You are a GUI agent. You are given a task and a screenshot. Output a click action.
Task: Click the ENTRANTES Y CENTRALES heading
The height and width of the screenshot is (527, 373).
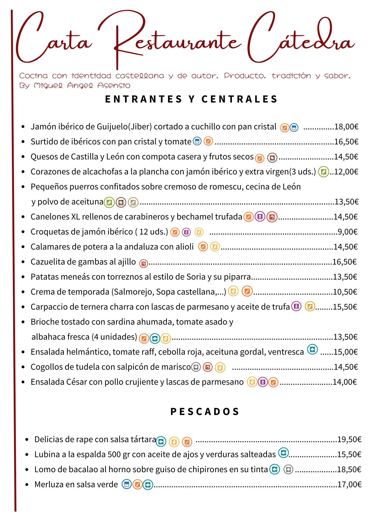coord(191,99)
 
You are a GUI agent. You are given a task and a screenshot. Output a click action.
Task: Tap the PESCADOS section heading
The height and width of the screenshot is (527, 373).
coord(205,411)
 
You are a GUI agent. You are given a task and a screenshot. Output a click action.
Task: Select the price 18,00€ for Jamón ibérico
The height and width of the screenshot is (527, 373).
coord(346,127)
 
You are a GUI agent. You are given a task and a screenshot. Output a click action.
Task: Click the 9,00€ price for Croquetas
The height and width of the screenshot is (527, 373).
coord(348,232)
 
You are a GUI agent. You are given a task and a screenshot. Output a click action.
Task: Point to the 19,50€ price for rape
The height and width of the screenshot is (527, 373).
coord(349,439)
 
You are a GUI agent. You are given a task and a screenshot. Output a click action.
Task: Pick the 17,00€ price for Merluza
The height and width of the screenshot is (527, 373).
coord(349,484)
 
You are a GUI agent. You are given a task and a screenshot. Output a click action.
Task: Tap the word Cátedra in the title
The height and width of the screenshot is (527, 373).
coord(301,38)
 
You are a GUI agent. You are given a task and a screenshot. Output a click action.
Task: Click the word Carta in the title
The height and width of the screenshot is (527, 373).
coord(53,40)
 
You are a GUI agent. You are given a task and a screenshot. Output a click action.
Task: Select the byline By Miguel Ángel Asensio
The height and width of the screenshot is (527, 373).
coord(75,86)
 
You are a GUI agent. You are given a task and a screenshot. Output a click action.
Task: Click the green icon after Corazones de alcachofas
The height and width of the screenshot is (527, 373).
coord(323,172)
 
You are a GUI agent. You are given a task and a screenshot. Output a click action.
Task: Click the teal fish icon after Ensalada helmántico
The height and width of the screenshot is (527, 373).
coord(312,350)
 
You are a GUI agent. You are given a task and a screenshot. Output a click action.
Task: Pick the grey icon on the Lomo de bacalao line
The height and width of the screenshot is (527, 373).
coord(288,469)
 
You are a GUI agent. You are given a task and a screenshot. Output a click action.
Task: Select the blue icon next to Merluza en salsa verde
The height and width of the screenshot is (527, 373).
coord(127,484)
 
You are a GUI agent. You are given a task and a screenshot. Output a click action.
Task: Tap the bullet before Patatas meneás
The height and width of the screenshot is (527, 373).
coord(23,277)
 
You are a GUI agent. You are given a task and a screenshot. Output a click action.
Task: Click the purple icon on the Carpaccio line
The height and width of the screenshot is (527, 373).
coord(296,306)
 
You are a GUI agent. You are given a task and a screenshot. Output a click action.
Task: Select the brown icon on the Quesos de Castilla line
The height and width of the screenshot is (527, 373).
coord(272,158)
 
